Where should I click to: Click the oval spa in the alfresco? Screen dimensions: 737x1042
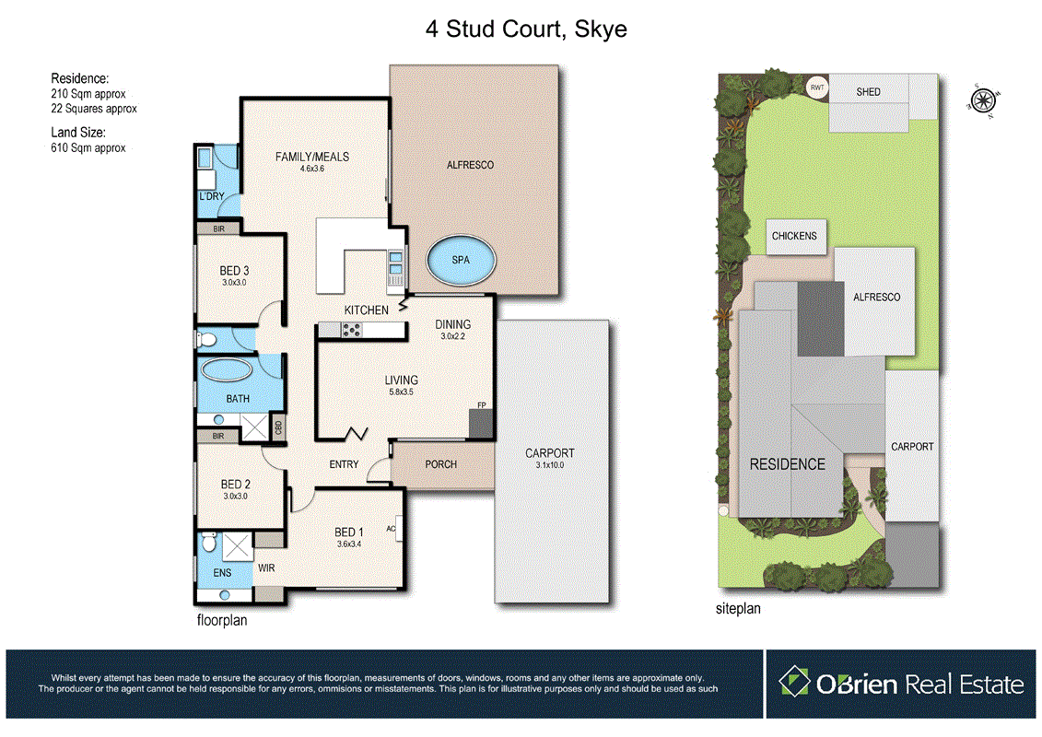click(x=461, y=261)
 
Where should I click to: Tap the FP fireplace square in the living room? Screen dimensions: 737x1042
click(x=481, y=423)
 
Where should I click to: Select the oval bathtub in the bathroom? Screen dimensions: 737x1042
click(x=227, y=370)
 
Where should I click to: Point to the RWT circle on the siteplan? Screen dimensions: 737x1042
click(x=816, y=88)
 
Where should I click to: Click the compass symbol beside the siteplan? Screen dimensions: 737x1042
click(x=984, y=99)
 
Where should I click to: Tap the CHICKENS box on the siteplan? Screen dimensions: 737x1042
click(x=794, y=236)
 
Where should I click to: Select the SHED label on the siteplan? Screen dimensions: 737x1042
click(x=868, y=92)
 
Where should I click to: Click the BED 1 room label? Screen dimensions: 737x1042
click(x=348, y=532)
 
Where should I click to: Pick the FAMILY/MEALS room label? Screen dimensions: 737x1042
click(x=312, y=157)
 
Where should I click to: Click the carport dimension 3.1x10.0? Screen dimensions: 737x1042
click(x=549, y=465)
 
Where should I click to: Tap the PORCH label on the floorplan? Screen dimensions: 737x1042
click(x=440, y=463)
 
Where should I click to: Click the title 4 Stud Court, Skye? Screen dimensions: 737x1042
click(x=526, y=29)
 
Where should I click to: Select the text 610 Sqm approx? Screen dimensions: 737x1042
click(x=88, y=147)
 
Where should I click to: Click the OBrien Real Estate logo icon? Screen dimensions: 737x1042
click(x=794, y=683)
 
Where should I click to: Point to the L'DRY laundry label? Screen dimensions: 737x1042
click(x=212, y=197)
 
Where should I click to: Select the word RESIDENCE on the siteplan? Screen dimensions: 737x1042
click(x=787, y=463)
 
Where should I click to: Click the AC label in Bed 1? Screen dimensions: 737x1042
click(x=392, y=529)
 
